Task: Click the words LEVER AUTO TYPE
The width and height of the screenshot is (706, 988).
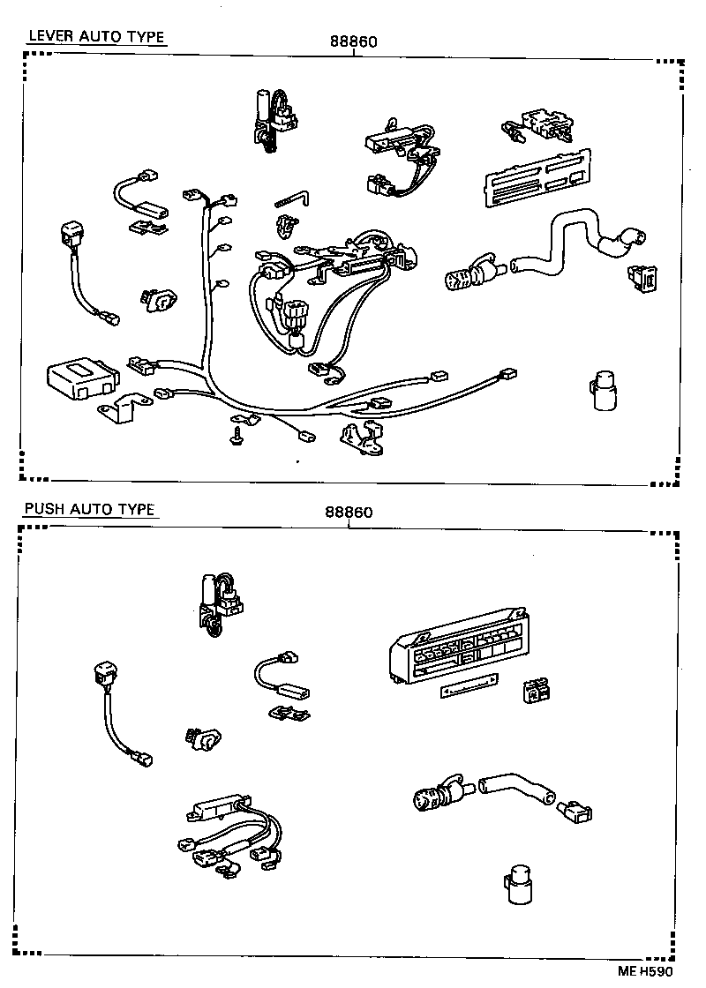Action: pyautogui.click(x=96, y=36)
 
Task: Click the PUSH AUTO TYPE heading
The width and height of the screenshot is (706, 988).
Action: pyautogui.click(x=89, y=509)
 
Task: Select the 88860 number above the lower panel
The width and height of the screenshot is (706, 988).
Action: pyautogui.click(x=349, y=513)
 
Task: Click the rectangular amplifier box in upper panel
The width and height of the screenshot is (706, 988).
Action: pyautogui.click(x=81, y=376)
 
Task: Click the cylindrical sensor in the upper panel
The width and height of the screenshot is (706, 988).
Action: pyautogui.click(x=603, y=390)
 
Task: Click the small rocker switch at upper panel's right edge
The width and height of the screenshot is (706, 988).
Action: pyautogui.click(x=642, y=278)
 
